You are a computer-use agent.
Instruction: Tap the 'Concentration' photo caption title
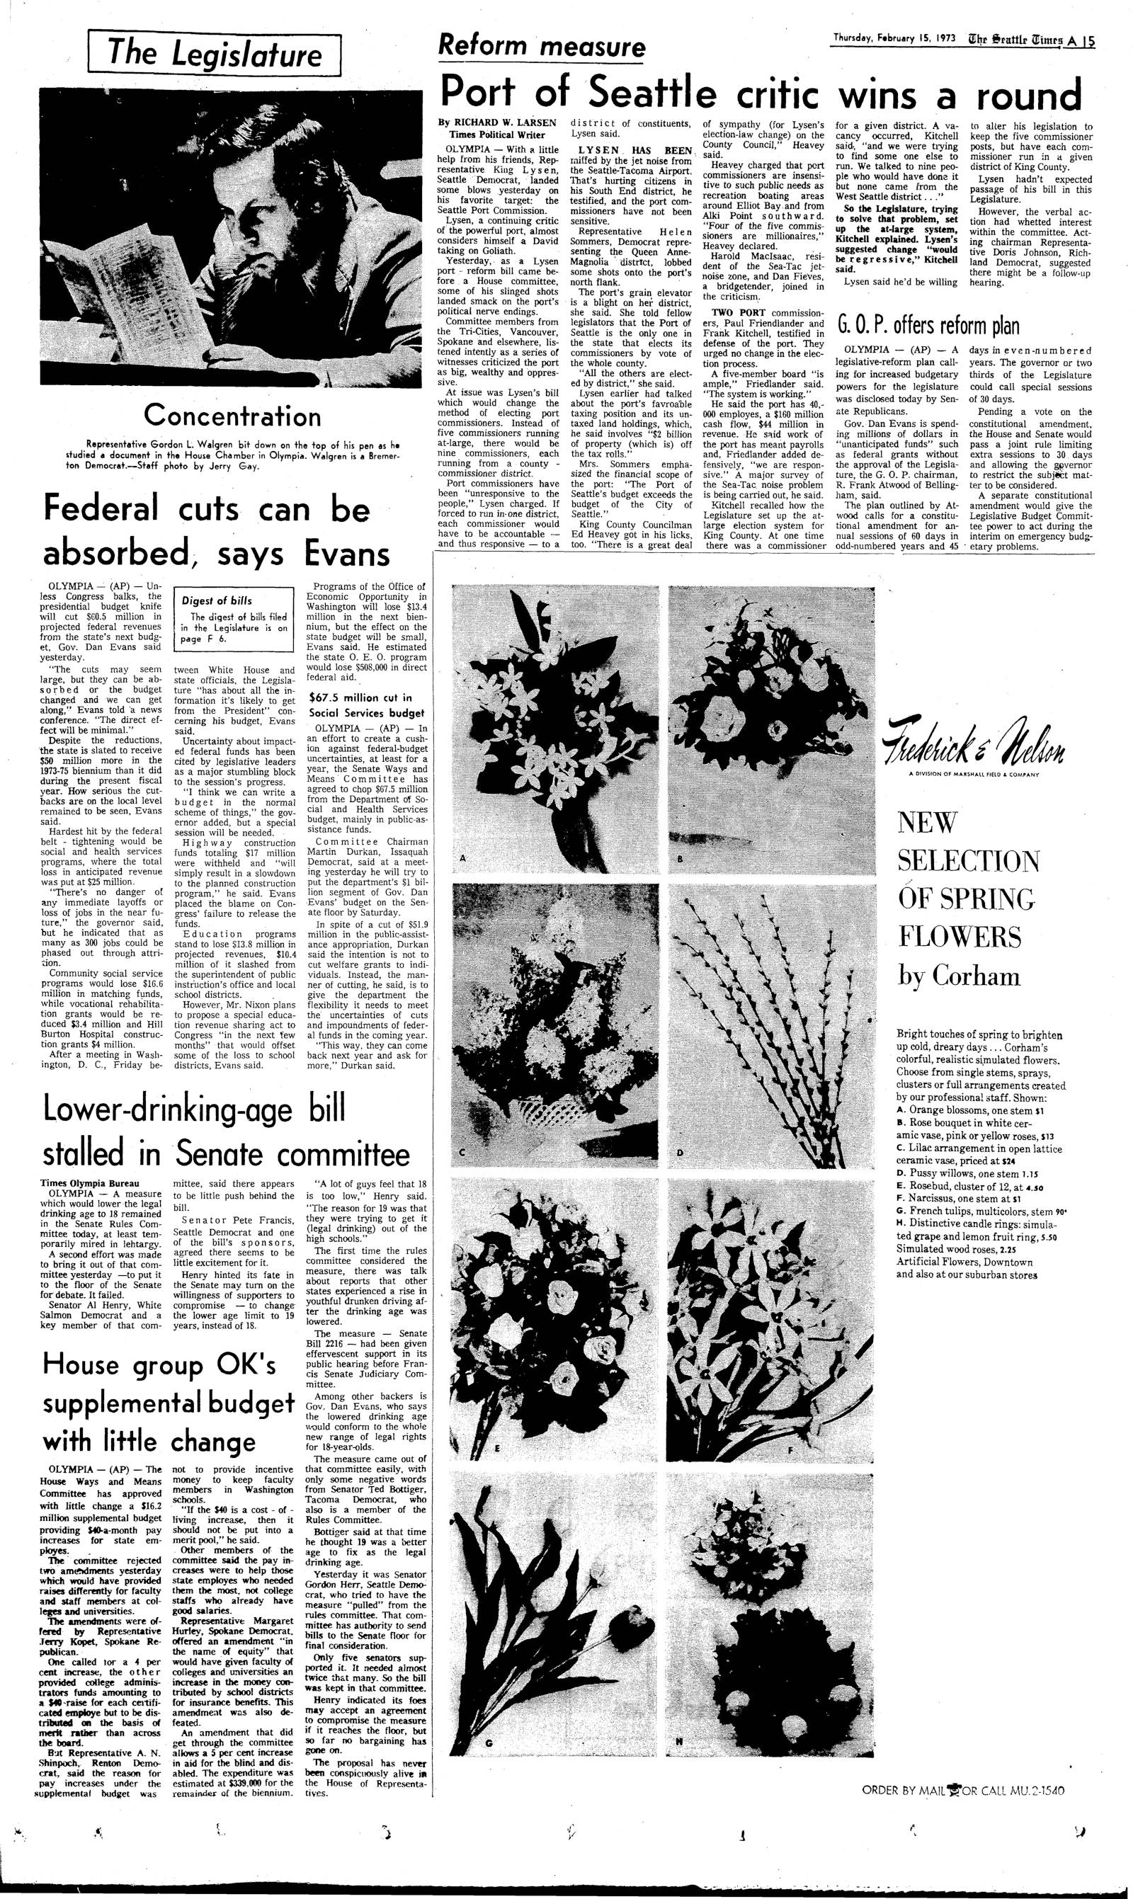pos(232,416)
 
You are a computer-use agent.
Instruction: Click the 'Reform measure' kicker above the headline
pos(540,48)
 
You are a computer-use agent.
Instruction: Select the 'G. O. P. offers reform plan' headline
pos(927,326)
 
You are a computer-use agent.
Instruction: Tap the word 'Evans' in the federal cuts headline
pos(346,554)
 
